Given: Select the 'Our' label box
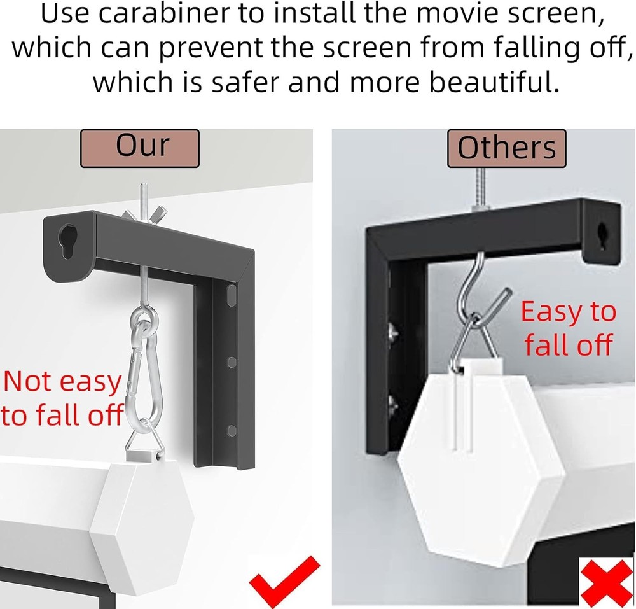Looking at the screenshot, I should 139,148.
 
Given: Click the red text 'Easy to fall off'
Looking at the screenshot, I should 568,328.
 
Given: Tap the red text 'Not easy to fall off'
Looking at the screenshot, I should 62,398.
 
